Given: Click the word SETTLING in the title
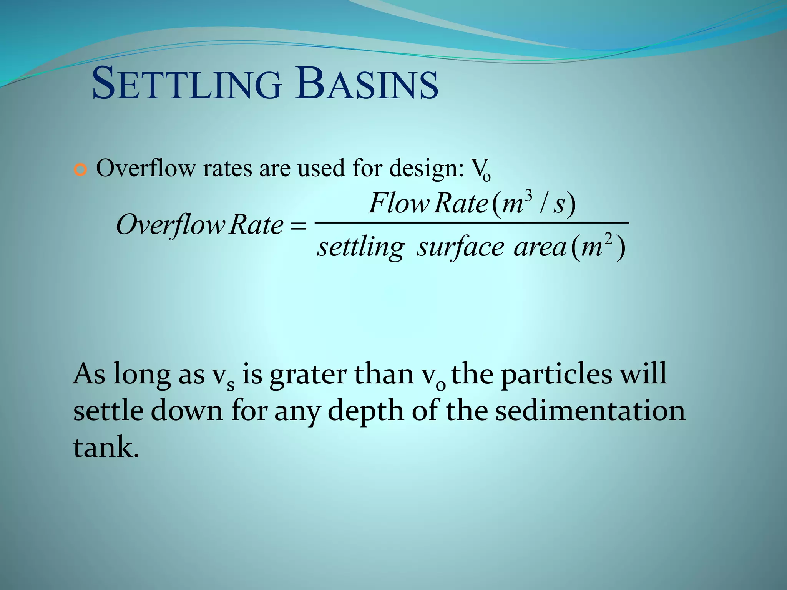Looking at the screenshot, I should [187, 84].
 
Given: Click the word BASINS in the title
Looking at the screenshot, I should [367, 84].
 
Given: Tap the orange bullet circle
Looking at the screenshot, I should [81, 169].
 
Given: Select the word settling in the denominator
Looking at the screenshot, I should [360, 247].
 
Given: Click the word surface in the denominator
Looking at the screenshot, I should [460, 247].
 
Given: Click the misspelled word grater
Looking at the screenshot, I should [308, 375].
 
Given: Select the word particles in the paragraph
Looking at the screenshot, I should [556, 375].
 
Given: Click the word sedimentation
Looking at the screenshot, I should [590, 410].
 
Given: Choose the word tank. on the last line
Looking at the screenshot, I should [106, 447].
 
